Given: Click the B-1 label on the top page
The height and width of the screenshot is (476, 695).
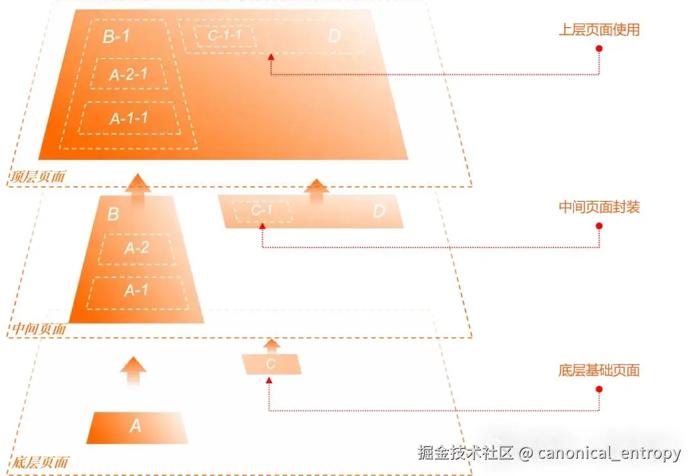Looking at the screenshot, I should (x=116, y=36).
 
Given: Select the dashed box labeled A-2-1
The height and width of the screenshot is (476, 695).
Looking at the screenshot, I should (x=129, y=74).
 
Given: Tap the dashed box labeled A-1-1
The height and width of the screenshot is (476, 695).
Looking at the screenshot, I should (x=129, y=118).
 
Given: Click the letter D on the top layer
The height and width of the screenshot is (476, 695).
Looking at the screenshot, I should (x=333, y=36).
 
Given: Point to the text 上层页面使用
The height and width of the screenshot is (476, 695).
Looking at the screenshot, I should (x=598, y=30).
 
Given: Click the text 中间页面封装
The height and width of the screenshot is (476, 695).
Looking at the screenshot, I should (x=598, y=207).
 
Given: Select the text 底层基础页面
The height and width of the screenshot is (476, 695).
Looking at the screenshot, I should (x=598, y=371).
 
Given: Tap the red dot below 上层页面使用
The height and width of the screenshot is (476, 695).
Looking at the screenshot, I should (x=599, y=49).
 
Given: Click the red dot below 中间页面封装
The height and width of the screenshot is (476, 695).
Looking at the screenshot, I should (x=599, y=226).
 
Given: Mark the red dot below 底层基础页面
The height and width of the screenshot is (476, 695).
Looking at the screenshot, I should (x=599, y=389).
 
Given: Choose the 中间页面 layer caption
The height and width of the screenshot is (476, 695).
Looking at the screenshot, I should (x=39, y=329).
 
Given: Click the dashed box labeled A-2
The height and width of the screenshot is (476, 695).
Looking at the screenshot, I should (x=136, y=249).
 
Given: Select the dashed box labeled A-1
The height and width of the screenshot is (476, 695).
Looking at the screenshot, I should (x=136, y=291).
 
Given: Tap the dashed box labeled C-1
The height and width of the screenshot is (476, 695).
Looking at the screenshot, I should (x=262, y=211).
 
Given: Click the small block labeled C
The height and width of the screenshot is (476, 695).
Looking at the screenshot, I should (x=271, y=364).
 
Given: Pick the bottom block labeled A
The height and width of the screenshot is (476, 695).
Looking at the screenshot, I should (x=136, y=426).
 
